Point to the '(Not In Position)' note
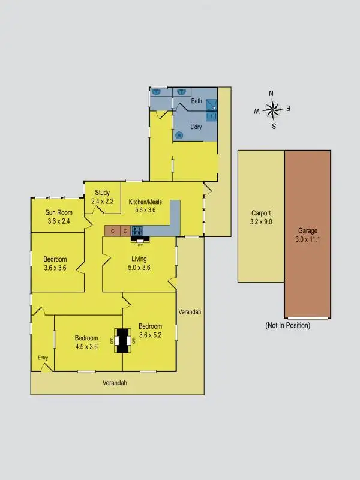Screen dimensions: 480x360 [x=287, y=325]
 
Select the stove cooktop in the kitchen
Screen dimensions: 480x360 [x=137, y=230]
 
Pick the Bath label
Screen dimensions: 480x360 [x=197, y=101]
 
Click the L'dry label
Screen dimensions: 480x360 [x=196, y=127]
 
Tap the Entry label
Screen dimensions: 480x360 [x=43, y=358]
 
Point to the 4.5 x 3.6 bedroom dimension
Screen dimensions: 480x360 [x=86, y=346]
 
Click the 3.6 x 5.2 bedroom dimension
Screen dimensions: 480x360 [x=150, y=335]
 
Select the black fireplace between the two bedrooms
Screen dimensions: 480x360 [x=124, y=341]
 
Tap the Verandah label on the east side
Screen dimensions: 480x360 [x=190, y=312]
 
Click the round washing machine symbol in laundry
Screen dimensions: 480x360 [x=179, y=136]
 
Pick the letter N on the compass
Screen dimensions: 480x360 [x=271, y=94]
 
